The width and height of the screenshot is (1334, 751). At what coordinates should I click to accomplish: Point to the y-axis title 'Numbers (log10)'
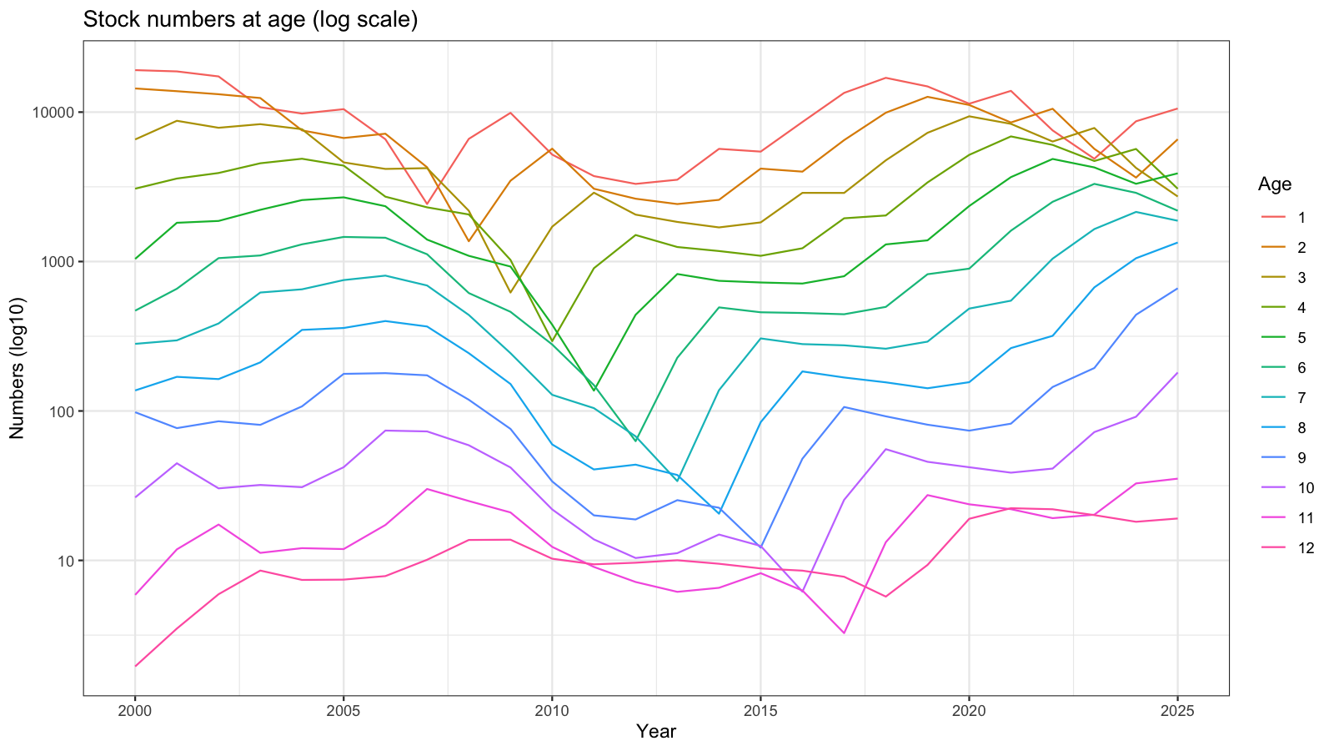click(x=18, y=368)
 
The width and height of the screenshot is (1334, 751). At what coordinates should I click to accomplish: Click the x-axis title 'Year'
click(x=655, y=731)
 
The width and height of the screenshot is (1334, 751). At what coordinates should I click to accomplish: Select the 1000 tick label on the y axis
click(x=59, y=262)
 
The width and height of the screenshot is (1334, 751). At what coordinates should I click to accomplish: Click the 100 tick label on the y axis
click(x=63, y=412)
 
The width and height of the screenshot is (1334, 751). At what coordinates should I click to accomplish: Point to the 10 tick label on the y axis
click(x=66, y=562)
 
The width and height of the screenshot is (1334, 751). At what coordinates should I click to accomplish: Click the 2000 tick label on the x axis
click(x=134, y=711)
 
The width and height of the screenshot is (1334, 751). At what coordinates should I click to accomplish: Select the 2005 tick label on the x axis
click(x=343, y=711)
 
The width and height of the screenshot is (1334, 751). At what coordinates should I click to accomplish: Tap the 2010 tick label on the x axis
click(x=551, y=711)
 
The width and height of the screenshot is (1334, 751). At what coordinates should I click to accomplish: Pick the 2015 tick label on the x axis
click(x=760, y=711)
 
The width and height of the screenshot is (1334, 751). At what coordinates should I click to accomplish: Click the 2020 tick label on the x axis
click(x=968, y=711)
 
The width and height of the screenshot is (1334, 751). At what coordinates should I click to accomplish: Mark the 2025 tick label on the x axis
click(x=1177, y=711)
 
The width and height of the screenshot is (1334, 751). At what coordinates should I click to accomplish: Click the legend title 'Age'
click(x=1275, y=184)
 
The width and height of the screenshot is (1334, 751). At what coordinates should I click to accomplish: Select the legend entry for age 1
click(x=1283, y=218)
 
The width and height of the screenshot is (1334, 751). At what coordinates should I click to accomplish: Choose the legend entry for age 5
click(x=1283, y=338)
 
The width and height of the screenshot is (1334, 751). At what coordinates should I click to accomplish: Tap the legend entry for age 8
click(x=1283, y=428)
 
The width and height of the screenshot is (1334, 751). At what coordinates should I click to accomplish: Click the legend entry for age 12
click(x=1286, y=547)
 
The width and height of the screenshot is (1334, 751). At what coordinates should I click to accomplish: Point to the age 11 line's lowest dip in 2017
click(x=844, y=633)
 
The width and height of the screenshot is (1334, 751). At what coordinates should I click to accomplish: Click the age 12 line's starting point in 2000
click(x=135, y=667)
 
